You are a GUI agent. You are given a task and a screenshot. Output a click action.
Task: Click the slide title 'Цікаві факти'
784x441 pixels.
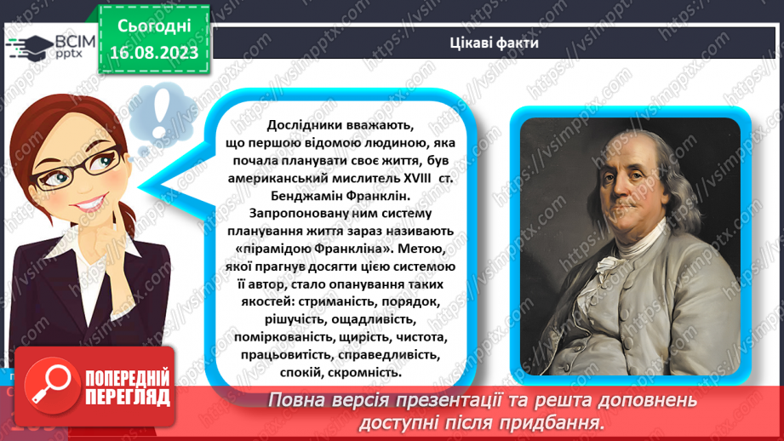(x=494, y=43)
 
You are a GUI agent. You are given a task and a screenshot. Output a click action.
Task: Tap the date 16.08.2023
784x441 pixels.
(x=154, y=53)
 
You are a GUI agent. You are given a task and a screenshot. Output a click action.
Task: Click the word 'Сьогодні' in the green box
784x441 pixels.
(x=154, y=26)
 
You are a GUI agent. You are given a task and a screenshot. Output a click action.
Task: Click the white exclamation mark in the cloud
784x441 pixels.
(x=161, y=114)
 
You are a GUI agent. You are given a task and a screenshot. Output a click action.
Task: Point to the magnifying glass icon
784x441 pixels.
(x=50, y=385)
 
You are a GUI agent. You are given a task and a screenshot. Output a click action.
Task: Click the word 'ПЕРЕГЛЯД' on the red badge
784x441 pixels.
(x=128, y=398)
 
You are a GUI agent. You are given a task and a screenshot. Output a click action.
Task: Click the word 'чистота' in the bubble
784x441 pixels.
(x=421, y=336)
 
